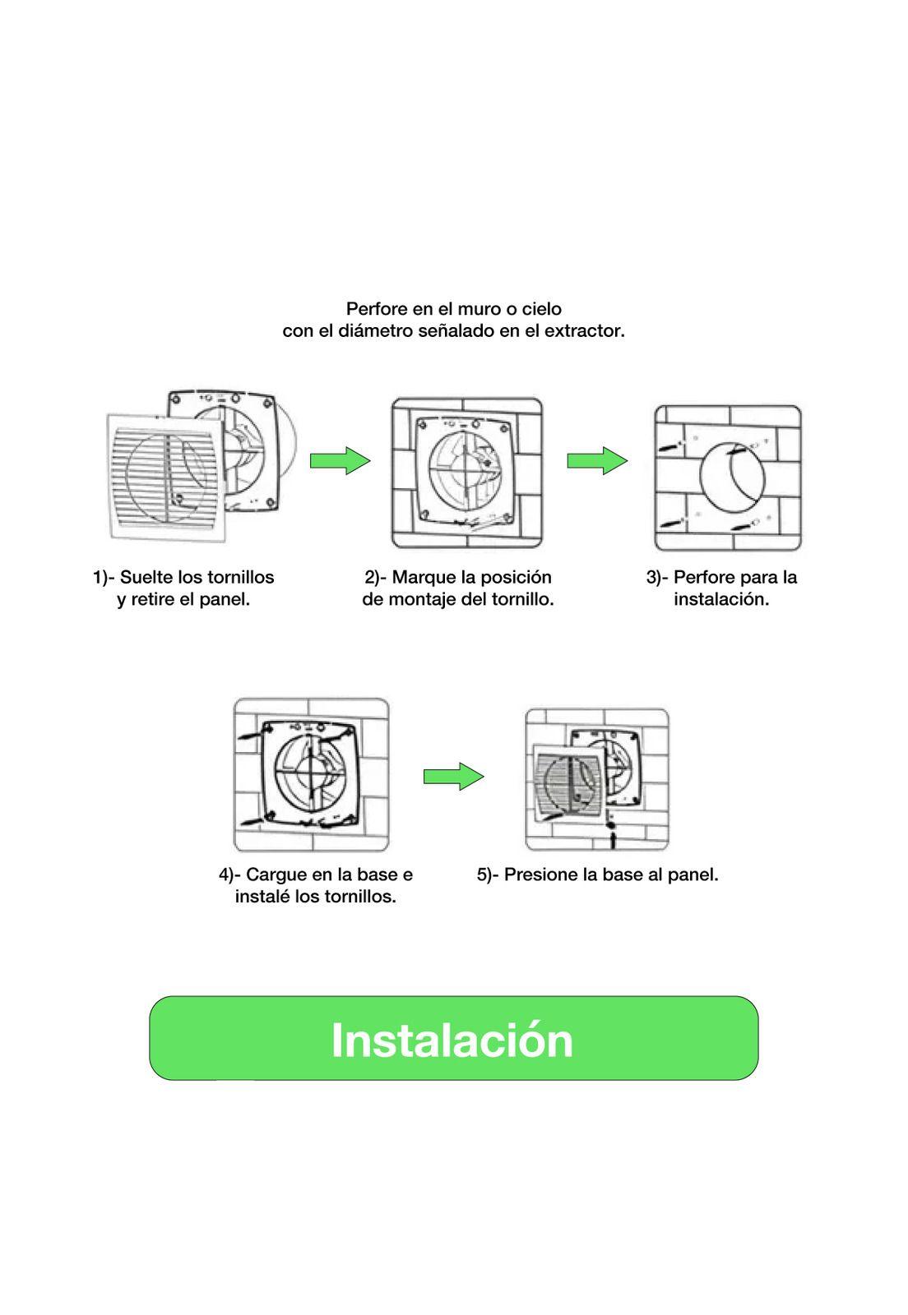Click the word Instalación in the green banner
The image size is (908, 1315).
[x=452, y=1040]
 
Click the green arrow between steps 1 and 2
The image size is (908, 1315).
[x=340, y=460]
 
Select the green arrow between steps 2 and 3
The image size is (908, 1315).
[x=597, y=460]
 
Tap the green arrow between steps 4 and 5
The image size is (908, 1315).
[x=453, y=776]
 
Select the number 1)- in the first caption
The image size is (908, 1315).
[x=103, y=577]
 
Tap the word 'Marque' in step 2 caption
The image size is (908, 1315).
[x=421, y=577]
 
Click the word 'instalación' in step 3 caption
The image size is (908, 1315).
[x=721, y=599]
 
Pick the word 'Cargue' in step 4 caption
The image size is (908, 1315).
[x=275, y=874]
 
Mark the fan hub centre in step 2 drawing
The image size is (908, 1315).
[x=466, y=473]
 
